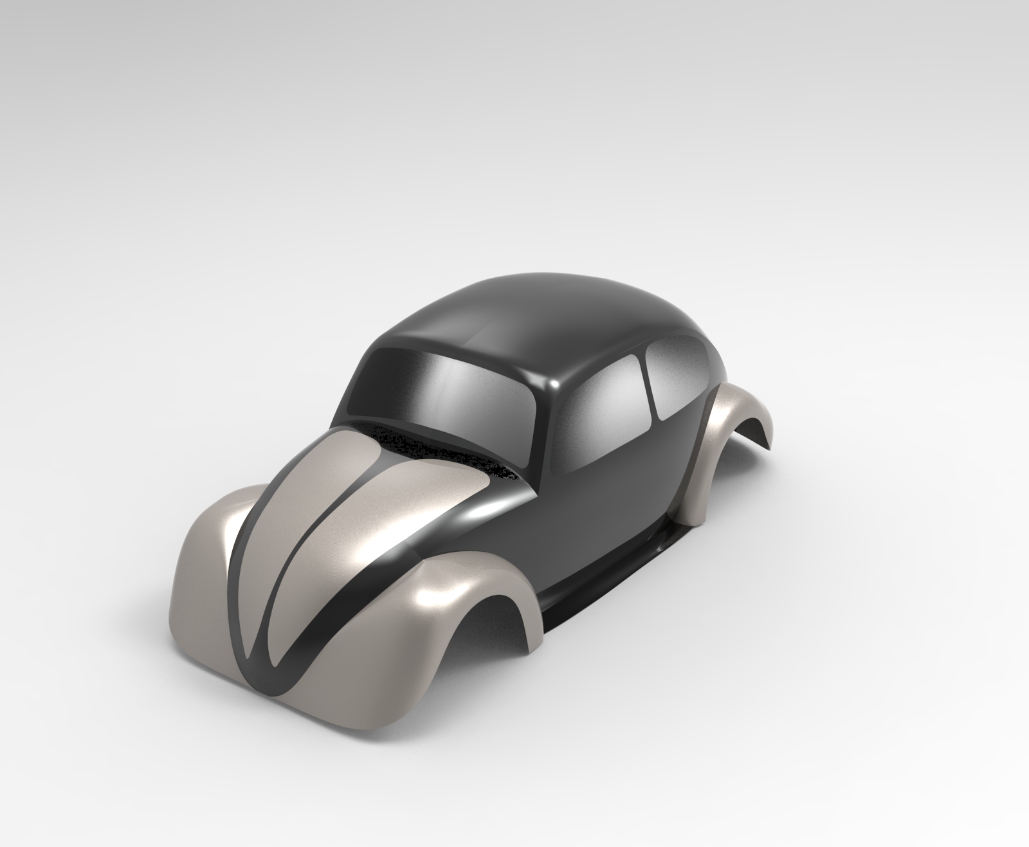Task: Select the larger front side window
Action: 605,412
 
